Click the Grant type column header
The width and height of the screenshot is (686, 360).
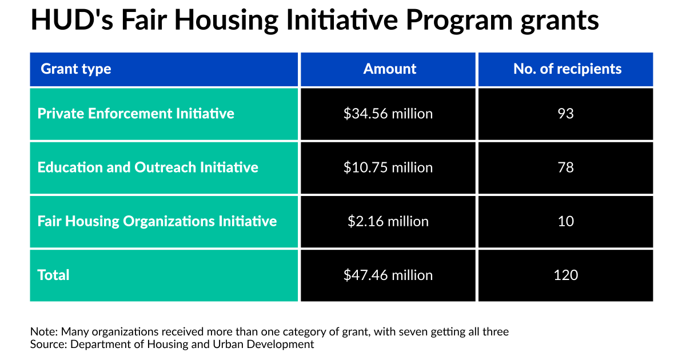[75, 69]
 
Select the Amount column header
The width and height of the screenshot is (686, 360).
[389, 69]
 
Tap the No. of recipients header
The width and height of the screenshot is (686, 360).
[568, 69]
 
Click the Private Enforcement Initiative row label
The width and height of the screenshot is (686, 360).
[135, 114]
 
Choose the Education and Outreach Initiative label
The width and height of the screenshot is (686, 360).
[147, 167]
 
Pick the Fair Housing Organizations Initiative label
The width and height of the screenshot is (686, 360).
[157, 221]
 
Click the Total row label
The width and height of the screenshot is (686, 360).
[53, 275]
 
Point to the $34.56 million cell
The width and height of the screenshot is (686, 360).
[388, 114]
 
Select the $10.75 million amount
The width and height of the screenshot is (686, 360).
[388, 167]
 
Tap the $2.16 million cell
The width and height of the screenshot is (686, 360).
[388, 221]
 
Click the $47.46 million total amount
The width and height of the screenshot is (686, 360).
[388, 275]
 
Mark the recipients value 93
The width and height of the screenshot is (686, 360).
[565, 114]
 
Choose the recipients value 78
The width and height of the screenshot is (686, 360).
[565, 167]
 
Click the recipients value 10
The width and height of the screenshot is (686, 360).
[565, 221]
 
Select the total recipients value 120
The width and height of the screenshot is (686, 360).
[565, 275]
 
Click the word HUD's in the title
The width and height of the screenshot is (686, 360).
[72, 20]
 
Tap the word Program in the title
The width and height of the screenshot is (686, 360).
[459, 21]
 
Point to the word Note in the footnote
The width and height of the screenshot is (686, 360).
[44, 332]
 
